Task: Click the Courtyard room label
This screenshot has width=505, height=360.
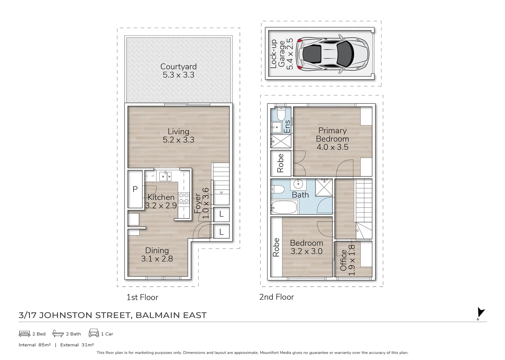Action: click(x=178, y=67)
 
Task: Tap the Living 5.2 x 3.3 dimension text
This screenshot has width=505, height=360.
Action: click(x=178, y=140)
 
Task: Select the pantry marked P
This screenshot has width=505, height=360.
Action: click(x=135, y=189)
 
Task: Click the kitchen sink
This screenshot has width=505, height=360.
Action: click(x=165, y=176)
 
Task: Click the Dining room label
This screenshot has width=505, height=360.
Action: click(x=157, y=250)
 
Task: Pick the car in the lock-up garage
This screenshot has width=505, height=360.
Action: click(x=333, y=54)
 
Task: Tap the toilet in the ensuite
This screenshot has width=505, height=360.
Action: click(x=281, y=114)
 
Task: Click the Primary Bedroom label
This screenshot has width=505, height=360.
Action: click(x=332, y=135)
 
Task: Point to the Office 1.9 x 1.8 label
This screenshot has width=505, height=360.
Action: click(x=347, y=260)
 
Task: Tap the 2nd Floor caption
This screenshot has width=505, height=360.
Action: click(x=276, y=297)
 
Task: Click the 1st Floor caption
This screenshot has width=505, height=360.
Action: click(x=142, y=297)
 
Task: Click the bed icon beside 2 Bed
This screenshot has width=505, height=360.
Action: click(x=24, y=334)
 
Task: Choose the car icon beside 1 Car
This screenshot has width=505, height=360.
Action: click(x=94, y=333)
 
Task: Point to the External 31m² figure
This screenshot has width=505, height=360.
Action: click(x=77, y=345)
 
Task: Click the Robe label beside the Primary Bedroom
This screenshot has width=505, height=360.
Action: click(x=280, y=163)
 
